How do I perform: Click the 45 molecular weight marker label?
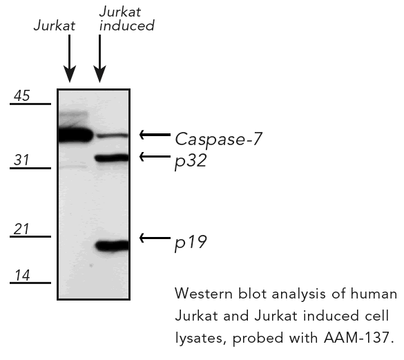pyautogui.click(x=22, y=95)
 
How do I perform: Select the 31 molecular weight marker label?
pyautogui.click(x=21, y=160)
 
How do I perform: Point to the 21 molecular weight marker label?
pyautogui.click(x=21, y=229)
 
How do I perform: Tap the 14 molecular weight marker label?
pyautogui.click(x=22, y=275)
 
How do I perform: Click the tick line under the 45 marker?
pyautogui.click(x=30, y=104)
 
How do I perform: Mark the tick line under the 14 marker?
pyautogui.click(x=30, y=283)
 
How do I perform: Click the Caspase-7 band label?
pyautogui.click(x=218, y=140)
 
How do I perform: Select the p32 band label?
pyautogui.click(x=191, y=162)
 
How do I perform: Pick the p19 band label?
pyautogui.click(x=191, y=243)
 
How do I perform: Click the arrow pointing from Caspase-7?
pyautogui.click(x=155, y=135)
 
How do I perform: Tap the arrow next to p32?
pyautogui.click(x=155, y=157)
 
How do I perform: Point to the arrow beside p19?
pyautogui.click(x=155, y=238)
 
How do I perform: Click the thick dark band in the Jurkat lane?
pyautogui.click(x=75, y=135)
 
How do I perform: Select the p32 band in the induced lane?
pyautogui.click(x=112, y=158)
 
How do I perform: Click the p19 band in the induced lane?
pyautogui.click(x=113, y=245)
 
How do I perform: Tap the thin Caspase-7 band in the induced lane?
pyautogui.click(x=113, y=135)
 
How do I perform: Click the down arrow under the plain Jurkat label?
pyautogui.click(x=70, y=59)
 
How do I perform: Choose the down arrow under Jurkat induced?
pyautogui.click(x=99, y=59)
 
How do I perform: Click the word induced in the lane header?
pyautogui.click(x=127, y=26)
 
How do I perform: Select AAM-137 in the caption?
pyautogui.click(x=358, y=337)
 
